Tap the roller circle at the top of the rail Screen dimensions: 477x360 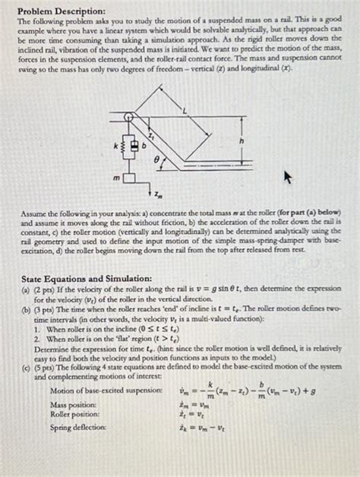pyautogui.click(x=130, y=117)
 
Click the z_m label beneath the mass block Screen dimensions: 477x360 pyautogui.click(x=157, y=194)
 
